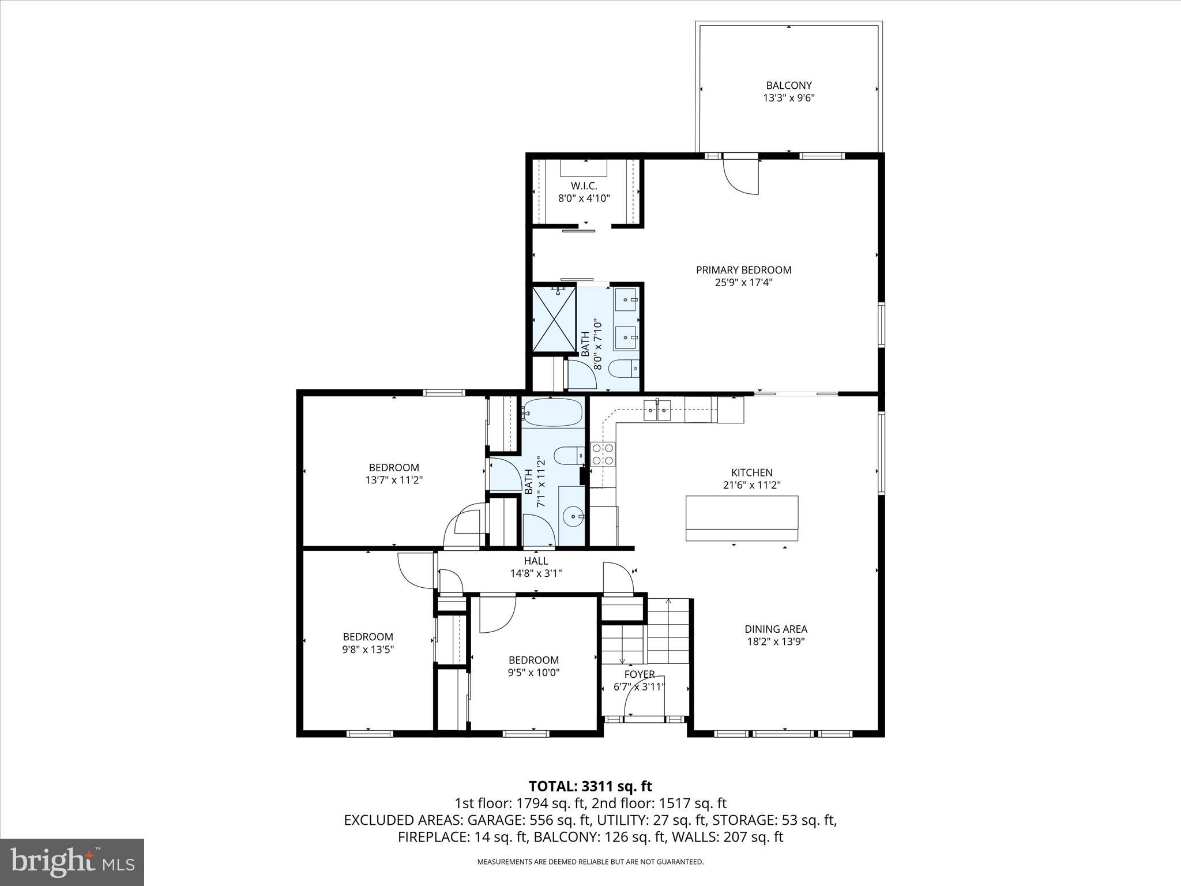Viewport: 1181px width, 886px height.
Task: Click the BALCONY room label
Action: [788, 85]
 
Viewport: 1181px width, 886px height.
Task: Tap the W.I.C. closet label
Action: [584, 186]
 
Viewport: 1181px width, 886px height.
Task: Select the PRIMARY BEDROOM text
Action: [743, 269]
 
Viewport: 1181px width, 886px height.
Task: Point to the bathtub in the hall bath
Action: [552, 412]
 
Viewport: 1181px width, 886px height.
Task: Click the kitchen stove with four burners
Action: [603, 454]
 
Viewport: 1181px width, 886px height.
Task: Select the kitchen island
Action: [742, 518]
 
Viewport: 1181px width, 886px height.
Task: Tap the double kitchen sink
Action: [657, 411]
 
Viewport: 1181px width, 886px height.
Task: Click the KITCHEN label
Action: [751, 472]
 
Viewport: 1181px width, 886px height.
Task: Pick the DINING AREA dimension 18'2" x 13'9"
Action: [776, 641]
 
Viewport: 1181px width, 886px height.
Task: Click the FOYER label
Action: [639, 674]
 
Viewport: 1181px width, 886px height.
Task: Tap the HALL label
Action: [536, 561]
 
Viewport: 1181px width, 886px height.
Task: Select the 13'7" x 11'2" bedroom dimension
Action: [394, 480]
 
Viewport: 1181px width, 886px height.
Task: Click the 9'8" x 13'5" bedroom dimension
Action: [368, 649]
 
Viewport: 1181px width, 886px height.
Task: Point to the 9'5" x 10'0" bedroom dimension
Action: [533, 672]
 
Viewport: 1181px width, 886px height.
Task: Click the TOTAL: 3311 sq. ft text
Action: [590, 786]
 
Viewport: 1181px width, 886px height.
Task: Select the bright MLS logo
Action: [72, 862]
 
